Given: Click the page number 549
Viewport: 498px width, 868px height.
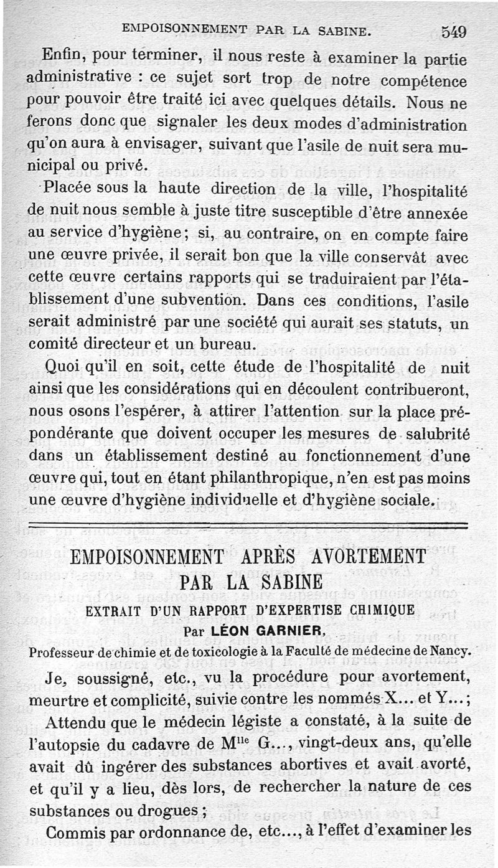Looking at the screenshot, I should click(x=454, y=31).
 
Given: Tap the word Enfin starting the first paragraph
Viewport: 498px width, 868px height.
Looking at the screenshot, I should click(x=60, y=55).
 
